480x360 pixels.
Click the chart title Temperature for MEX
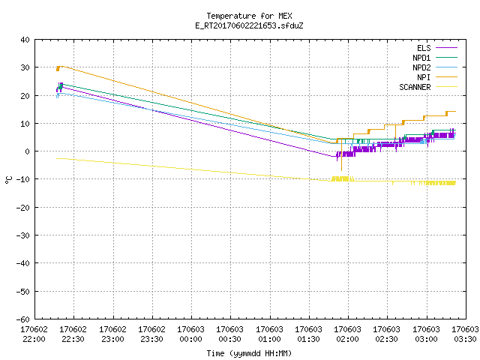(249, 16)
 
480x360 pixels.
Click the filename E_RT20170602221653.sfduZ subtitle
(249, 25)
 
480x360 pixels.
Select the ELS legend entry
(437, 48)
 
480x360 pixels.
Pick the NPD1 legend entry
(435, 58)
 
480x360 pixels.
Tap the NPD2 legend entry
(435, 67)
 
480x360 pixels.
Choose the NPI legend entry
(437, 77)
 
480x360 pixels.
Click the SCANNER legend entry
(428, 87)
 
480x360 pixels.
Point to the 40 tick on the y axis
(25, 40)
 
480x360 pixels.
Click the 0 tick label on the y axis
(28, 151)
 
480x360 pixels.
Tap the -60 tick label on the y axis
(23, 319)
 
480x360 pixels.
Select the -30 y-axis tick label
(23, 235)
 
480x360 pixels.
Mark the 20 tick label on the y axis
(25, 95)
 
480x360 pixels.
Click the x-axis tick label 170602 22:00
(34, 334)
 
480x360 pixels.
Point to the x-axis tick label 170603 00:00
(190, 334)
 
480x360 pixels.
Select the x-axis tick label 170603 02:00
(347, 334)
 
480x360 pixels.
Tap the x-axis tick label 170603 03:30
(465, 334)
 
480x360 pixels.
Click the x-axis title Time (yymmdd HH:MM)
(249, 353)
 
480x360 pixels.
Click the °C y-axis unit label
(8, 180)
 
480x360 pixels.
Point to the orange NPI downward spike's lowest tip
(342, 170)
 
